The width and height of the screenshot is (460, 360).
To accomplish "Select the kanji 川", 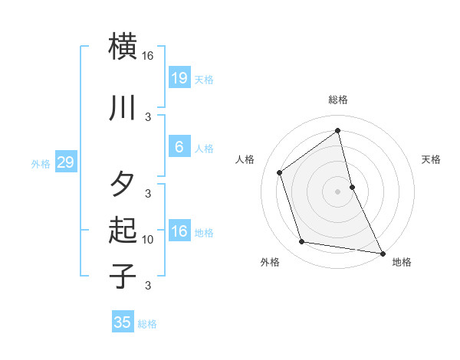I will pos(123,108).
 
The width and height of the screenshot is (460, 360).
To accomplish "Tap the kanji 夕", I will pos(123,185).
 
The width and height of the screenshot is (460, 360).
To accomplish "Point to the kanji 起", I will pos(123,230).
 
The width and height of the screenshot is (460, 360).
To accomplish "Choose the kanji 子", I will pos(123,276).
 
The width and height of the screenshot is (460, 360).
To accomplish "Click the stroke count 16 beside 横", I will pos(148,56).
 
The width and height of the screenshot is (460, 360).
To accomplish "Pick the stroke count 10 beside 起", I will pos(148,240).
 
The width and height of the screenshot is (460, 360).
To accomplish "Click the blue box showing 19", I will pos(179,78).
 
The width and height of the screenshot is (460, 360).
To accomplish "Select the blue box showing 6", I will pos(179,147).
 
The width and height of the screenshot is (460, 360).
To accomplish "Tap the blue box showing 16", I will pos(179,231).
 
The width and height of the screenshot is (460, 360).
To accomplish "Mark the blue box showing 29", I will pos(65,162).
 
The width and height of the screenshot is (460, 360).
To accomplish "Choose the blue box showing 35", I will pos(123,322).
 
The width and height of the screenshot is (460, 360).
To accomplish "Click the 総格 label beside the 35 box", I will pos(147,324).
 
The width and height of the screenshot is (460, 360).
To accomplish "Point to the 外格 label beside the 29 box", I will pos(41,163).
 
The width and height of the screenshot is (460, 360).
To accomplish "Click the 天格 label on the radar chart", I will pos(431,159).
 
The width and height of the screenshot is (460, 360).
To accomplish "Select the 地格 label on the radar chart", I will pos(402,262).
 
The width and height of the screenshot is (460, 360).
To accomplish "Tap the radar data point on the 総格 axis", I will pos(337,130).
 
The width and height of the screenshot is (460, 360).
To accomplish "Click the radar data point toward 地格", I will pos(381,253).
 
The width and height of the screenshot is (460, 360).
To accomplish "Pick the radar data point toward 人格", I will pos(280,172).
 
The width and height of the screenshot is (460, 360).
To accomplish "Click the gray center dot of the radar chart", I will pos(337,191).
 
